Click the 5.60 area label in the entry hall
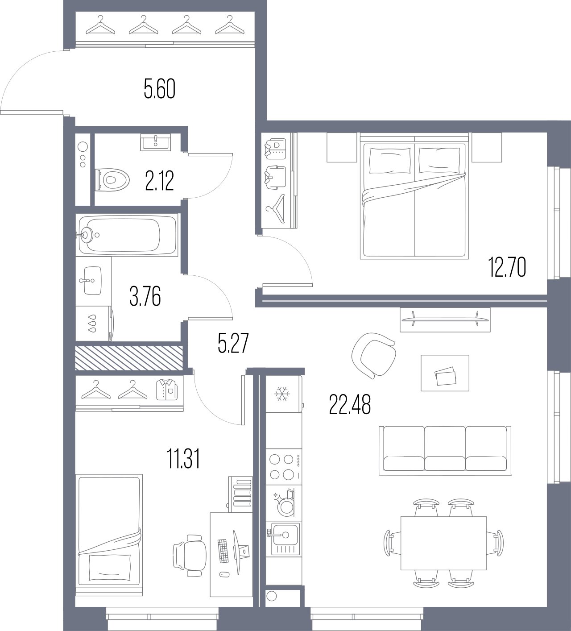tap(159, 89)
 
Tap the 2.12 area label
tap(159, 181)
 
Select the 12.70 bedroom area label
tap(507, 268)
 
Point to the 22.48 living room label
tap(350, 405)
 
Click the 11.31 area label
tap(183, 459)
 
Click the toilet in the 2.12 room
tap(112, 180)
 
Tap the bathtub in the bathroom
tap(128, 234)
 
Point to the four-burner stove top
tap(284, 466)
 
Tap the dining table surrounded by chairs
tap(443, 543)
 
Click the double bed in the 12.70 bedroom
tap(414, 200)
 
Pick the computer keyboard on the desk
tap(223, 550)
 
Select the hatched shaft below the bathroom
tap(129, 358)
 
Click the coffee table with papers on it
tap(445, 373)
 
